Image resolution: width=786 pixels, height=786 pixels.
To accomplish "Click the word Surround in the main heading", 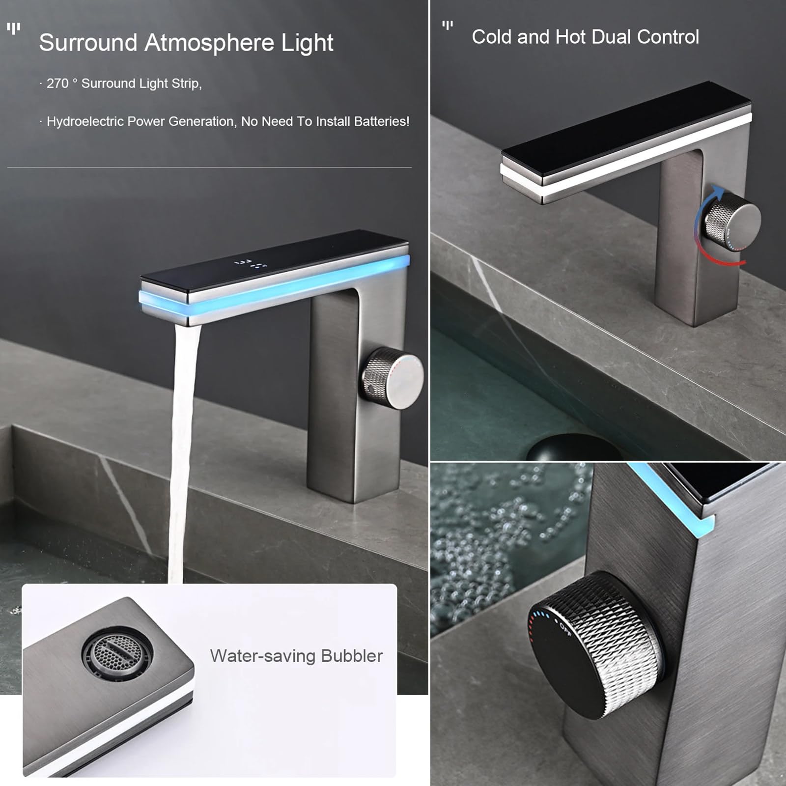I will click(88, 43).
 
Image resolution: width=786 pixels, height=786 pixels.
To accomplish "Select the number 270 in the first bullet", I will click(57, 84).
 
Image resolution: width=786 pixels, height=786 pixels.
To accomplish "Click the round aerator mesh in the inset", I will click(117, 653).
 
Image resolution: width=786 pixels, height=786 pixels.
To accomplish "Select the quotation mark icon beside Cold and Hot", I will click(447, 25).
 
